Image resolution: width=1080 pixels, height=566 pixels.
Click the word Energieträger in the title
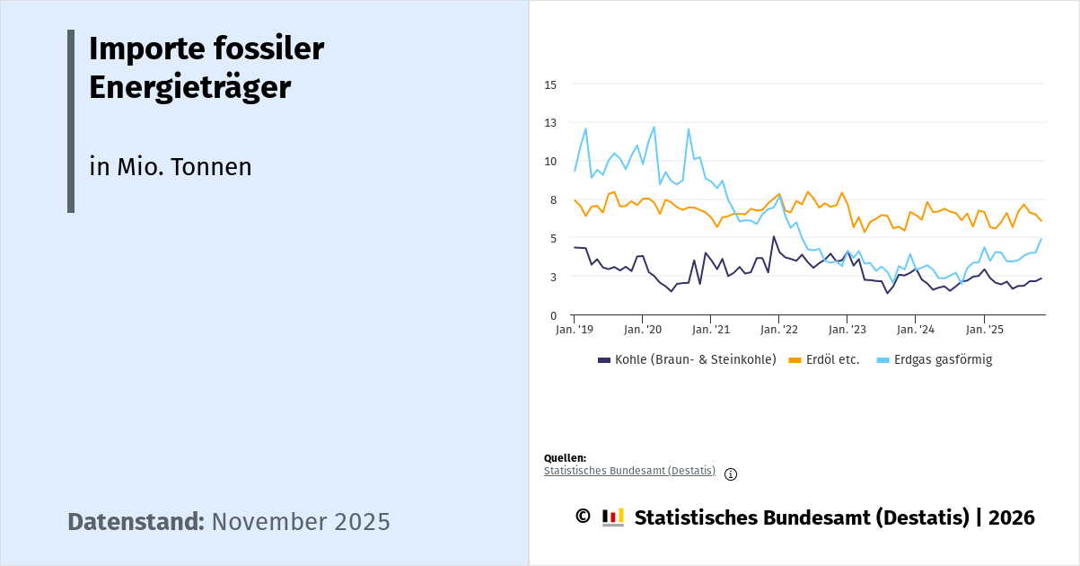[189, 88]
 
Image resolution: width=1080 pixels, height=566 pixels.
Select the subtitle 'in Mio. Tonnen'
[170, 167]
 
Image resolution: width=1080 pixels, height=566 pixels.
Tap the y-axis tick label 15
[550, 84]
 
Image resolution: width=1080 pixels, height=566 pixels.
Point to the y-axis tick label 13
[550, 123]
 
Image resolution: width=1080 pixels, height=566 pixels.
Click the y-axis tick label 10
[550, 162]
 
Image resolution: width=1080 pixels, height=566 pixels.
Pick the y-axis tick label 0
[554, 315]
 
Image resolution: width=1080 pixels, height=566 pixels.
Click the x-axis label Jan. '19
[574, 330]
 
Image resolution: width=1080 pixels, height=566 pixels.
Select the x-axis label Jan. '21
[710, 330]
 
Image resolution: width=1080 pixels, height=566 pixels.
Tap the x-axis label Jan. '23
[847, 330]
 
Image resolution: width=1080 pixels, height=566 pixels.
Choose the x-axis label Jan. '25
[983, 330]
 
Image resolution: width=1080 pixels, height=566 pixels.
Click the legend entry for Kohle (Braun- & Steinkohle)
[687, 360]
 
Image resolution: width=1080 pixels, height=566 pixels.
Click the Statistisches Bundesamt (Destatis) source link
[629, 471]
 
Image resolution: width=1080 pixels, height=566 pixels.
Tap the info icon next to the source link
[731, 474]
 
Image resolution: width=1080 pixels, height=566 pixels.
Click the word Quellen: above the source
[565, 458]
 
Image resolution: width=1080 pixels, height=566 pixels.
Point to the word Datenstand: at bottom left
[136, 522]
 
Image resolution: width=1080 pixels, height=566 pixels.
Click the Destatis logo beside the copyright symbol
[613, 517]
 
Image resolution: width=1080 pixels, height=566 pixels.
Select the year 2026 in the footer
[1011, 517]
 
